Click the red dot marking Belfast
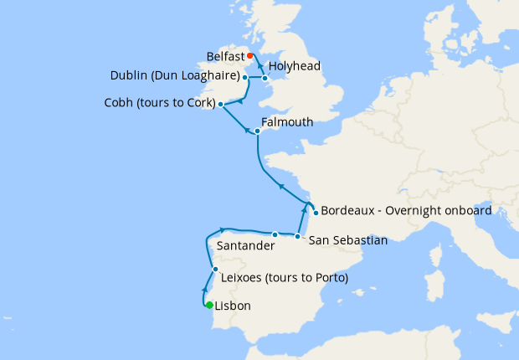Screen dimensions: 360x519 tap(249, 57)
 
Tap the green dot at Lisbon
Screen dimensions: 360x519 tap(209, 305)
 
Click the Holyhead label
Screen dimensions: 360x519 tap(294, 65)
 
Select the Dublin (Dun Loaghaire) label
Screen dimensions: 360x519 tap(175, 75)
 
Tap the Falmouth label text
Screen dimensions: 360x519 tap(287, 122)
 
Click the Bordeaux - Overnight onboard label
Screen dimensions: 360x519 tap(406, 210)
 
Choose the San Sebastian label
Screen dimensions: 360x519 tap(348, 240)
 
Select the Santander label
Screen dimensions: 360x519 tap(245, 247)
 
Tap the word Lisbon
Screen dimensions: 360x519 tap(233, 306)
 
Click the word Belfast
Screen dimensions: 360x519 tap(225, 57)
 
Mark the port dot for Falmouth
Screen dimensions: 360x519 tap(258, 131)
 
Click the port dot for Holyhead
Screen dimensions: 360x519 tap(265, 79)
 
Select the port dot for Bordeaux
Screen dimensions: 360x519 tap(315, 213)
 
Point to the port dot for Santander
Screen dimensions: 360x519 tap(275, 234)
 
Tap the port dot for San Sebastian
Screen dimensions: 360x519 tap(299, 237)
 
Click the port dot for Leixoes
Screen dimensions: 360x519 tap(216, 270)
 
